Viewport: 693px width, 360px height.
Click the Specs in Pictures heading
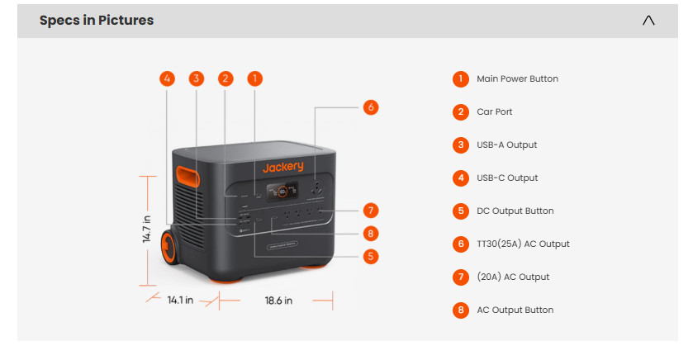pos(97,21)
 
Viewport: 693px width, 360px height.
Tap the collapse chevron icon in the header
pos(648,21)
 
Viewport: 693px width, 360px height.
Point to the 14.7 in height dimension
pos(146,229)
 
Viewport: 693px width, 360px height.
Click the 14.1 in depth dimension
pos(180,301)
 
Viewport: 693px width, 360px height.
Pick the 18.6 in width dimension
pos(278,301)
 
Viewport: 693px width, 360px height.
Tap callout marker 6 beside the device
pos(371,107)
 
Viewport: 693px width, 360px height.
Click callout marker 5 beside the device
pos(371,256)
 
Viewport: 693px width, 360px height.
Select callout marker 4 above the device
pos(168,78)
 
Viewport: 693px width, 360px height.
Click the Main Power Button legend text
pos(517,79)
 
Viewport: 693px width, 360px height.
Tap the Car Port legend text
pos(495,112)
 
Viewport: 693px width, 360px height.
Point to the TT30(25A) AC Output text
pos(523,244)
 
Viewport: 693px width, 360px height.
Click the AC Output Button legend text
pos(515,310)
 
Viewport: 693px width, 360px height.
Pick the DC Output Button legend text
pos(515,211)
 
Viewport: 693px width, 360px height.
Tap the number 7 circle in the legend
pos(461,277)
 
